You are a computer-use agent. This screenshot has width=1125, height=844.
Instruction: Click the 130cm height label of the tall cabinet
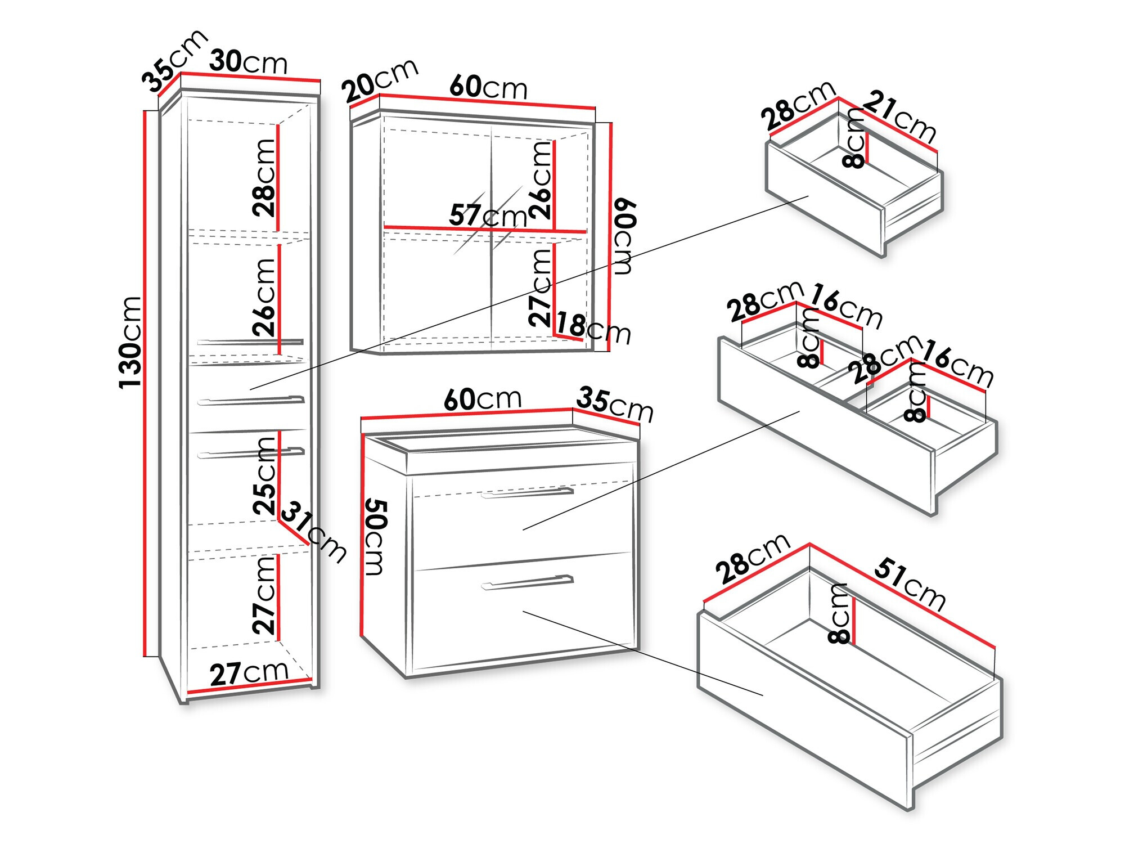130,342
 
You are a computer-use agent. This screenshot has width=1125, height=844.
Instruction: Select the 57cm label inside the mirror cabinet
488,216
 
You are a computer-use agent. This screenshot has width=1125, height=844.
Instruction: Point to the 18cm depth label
593,329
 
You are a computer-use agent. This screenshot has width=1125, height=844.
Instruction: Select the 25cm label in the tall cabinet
264,476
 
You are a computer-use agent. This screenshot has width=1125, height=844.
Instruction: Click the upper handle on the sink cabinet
527,493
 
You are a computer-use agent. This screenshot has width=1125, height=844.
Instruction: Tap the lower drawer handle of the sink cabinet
527,582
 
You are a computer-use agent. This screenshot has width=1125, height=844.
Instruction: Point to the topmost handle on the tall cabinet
250,342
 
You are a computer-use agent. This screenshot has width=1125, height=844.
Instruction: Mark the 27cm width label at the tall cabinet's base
249,672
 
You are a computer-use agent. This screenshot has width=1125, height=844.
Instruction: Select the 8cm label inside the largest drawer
839,613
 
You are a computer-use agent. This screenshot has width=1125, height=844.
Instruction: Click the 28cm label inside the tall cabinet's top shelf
264,178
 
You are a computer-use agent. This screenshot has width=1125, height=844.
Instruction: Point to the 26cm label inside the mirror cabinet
541,180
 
